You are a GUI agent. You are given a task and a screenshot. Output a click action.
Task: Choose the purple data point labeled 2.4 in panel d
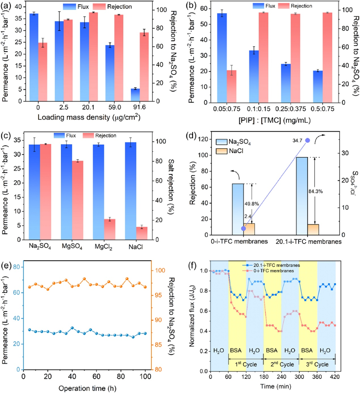click(243, 229)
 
